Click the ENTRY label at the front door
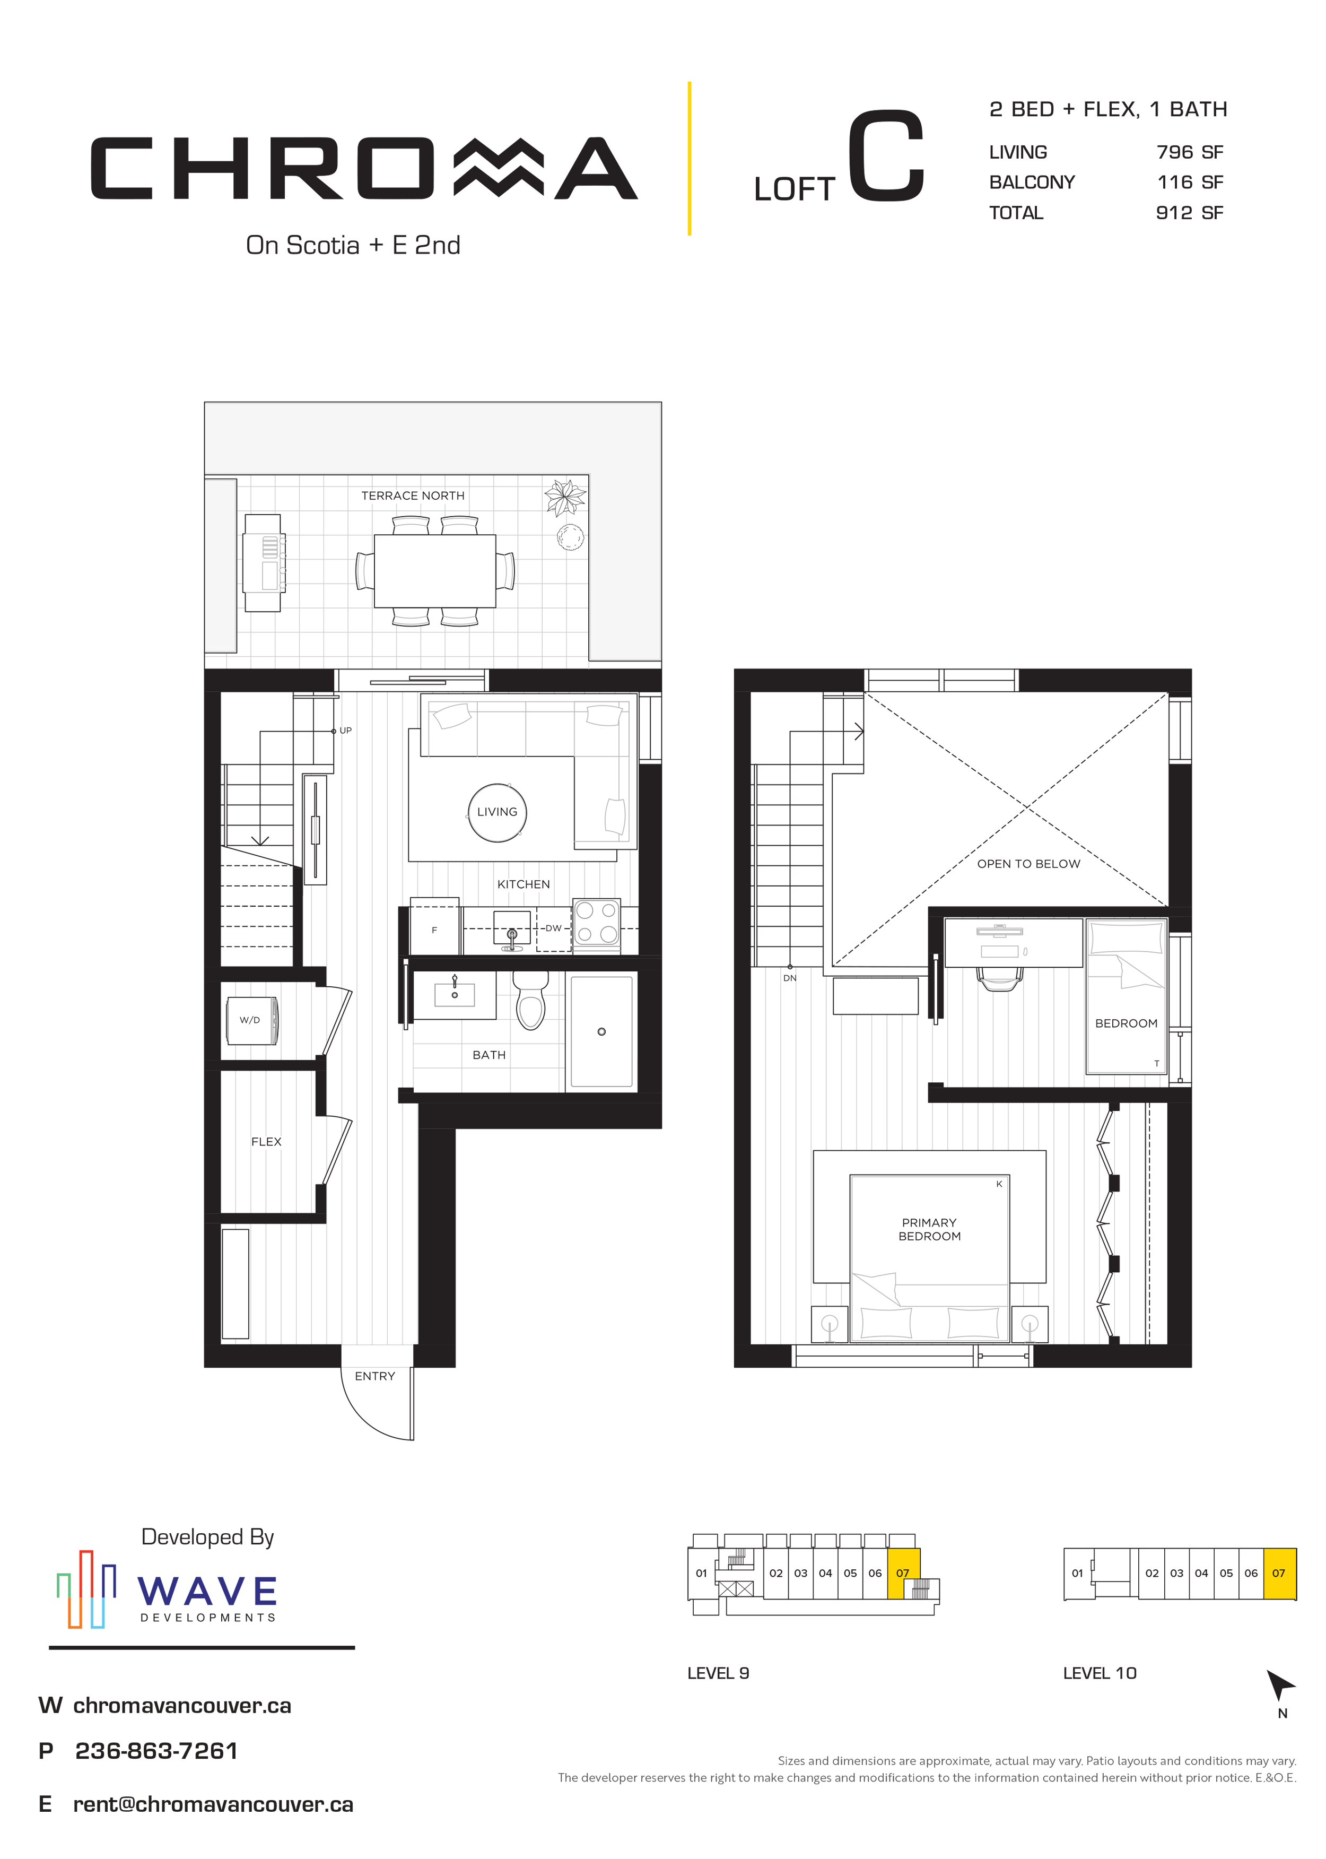375,1376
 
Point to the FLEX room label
266,1142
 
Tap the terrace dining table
434,571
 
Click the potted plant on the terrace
566,498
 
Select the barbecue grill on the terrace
264,563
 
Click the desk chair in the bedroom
999,978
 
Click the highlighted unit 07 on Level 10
1279,1573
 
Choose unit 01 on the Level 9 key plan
701,1573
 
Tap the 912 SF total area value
1190,213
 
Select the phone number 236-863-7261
156,1751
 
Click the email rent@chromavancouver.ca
213,1804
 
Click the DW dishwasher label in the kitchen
554,928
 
